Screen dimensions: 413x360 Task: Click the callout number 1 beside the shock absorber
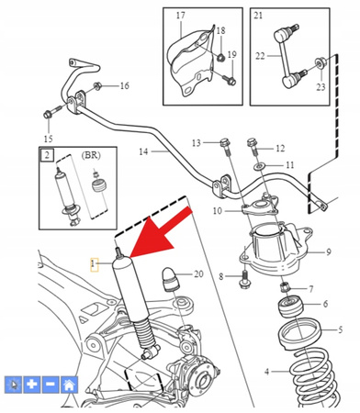pyautogui.click(x=92, y=262)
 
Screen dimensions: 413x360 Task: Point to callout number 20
pyautogui.click(x=199, y=273)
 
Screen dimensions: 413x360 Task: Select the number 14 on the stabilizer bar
pyautogui.click(x=144, y=151)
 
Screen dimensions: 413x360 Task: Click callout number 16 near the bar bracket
pyautogui.click(x=124, y=86)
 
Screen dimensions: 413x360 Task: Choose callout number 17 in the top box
pyautogui.click(x=180, y=16)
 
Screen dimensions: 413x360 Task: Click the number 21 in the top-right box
pyautogui.click(x=258, y=16)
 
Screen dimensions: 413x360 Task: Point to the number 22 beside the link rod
pyautogui.click(x=260, y=57)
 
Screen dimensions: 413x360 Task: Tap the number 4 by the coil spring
pyautogui.click(x=268, y=372)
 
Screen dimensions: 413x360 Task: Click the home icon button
pyautogui.click(x=70, y=385)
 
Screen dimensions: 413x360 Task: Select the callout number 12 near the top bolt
pyautogui.click(x=280, y=148)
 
